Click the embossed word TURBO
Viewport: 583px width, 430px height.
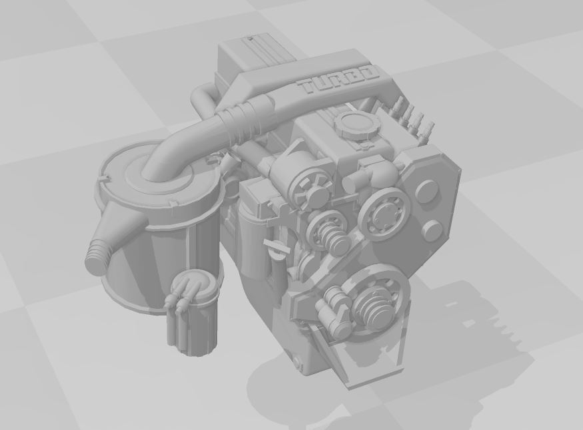point(338,81)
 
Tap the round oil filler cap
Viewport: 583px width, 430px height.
point(358,125)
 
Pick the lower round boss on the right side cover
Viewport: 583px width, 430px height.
point(432,230)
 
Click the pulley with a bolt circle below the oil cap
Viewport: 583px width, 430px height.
point(382,214)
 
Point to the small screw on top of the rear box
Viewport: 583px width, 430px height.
point(251,39)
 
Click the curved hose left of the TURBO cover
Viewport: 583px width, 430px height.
point(202,100)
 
